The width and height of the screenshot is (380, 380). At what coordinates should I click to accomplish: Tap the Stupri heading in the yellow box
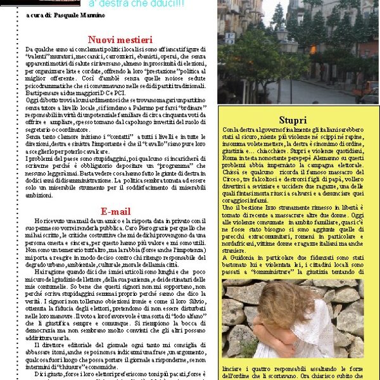(x=293, y=120)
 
